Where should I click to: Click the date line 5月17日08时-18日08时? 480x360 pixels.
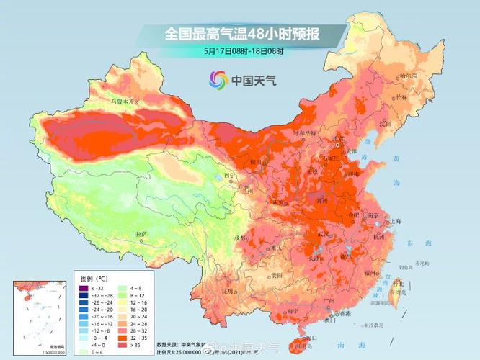(243, 51)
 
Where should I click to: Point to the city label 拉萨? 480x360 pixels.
(141, 234)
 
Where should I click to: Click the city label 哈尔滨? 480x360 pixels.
(407, 76)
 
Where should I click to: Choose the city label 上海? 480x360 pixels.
(394, 221)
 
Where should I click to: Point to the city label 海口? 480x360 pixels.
(311, 336)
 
